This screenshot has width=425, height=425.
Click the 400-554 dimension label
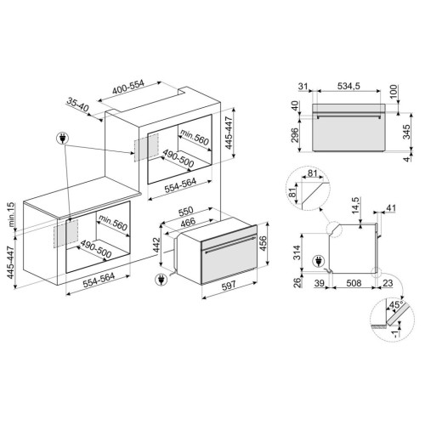tap(128, 88)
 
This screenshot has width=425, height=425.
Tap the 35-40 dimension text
tap(78, 105)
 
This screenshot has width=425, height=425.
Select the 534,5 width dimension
tap(348, 86)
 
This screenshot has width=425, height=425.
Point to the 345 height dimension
tap(406, 132)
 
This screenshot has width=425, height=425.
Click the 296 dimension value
tap(295, 136)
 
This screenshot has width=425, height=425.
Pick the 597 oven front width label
tap(229, 286)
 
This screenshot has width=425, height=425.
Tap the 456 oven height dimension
tap(263, 244)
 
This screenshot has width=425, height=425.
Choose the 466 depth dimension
tap(188, 222)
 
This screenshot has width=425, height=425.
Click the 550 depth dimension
tap(185, 211)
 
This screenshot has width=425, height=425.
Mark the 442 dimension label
tap(156, 246)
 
